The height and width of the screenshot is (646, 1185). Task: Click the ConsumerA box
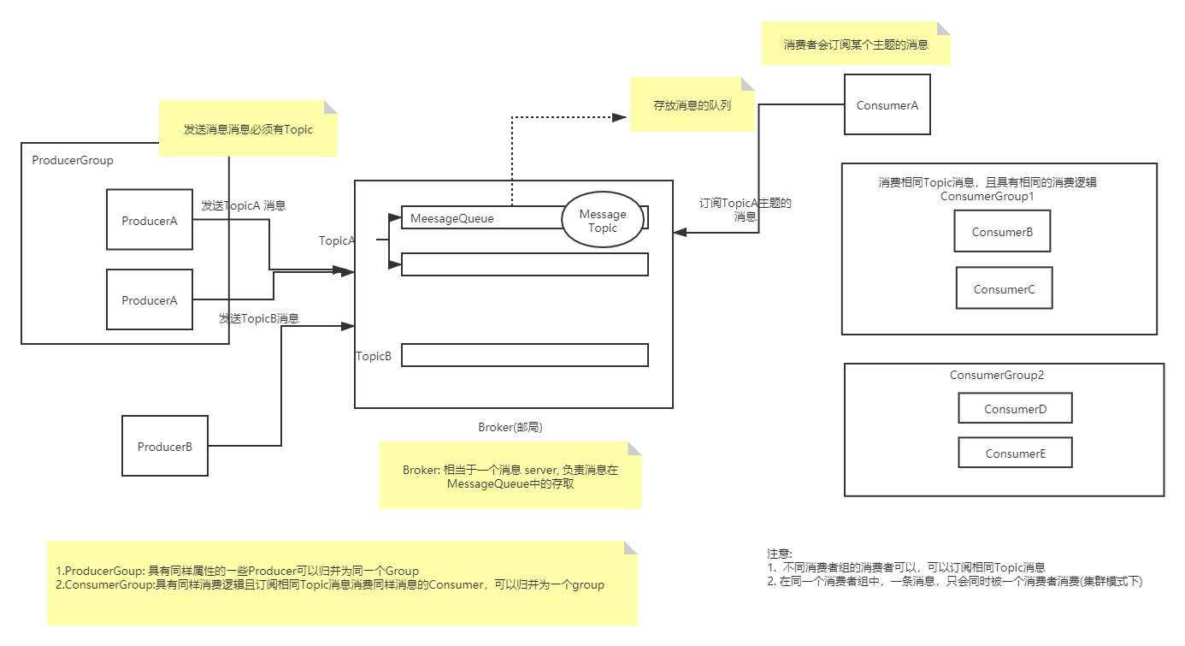tap(887, 104)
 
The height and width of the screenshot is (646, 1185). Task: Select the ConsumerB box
tap(1002, 231)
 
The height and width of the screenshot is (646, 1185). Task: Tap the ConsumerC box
tap(1004, 288)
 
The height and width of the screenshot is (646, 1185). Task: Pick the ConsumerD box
tap(1015, 408)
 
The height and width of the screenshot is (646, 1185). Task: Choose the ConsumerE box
tap(1015, 452)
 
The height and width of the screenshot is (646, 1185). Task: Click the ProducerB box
tap(165, 446)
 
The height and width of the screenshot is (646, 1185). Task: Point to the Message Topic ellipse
tap(603, 220)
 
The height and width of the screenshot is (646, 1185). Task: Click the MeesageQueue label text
tap(451, 218)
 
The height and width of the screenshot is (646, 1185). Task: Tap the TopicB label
tap(374, 356)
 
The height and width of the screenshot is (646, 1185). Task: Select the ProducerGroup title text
tap(73, 160)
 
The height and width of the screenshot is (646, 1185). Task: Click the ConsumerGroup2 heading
tap(997, 375)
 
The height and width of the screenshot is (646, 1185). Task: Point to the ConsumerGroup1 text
tap(987, 197)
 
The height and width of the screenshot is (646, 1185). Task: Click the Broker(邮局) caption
tap(510, 427)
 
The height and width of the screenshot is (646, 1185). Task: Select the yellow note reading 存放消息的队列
tap(692, 104)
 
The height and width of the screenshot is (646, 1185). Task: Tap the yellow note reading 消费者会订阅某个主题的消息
tap(856, 44)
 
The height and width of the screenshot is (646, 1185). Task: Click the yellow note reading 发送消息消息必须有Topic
tap(248, 128)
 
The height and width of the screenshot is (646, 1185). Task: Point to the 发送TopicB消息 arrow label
tap(259, 318)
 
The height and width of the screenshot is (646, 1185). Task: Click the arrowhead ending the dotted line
tap(620, 117)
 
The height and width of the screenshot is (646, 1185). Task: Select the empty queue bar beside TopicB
tap(525, 355)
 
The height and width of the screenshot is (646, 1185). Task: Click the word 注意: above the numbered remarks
tap(780, 554)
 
